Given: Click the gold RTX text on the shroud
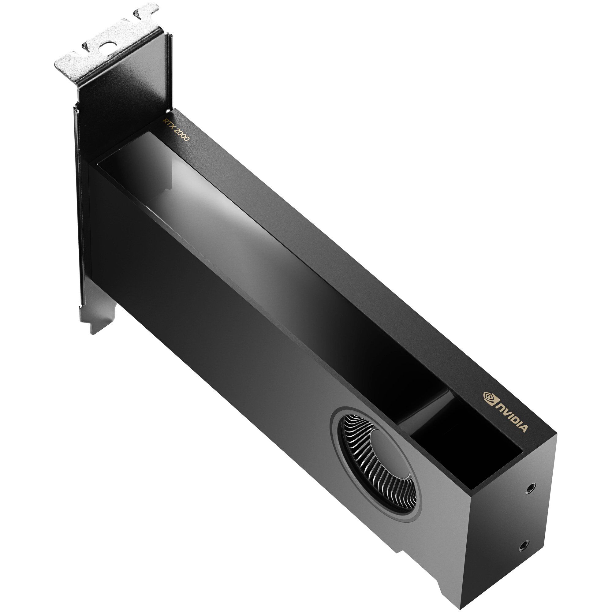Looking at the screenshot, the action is [167, 124].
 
